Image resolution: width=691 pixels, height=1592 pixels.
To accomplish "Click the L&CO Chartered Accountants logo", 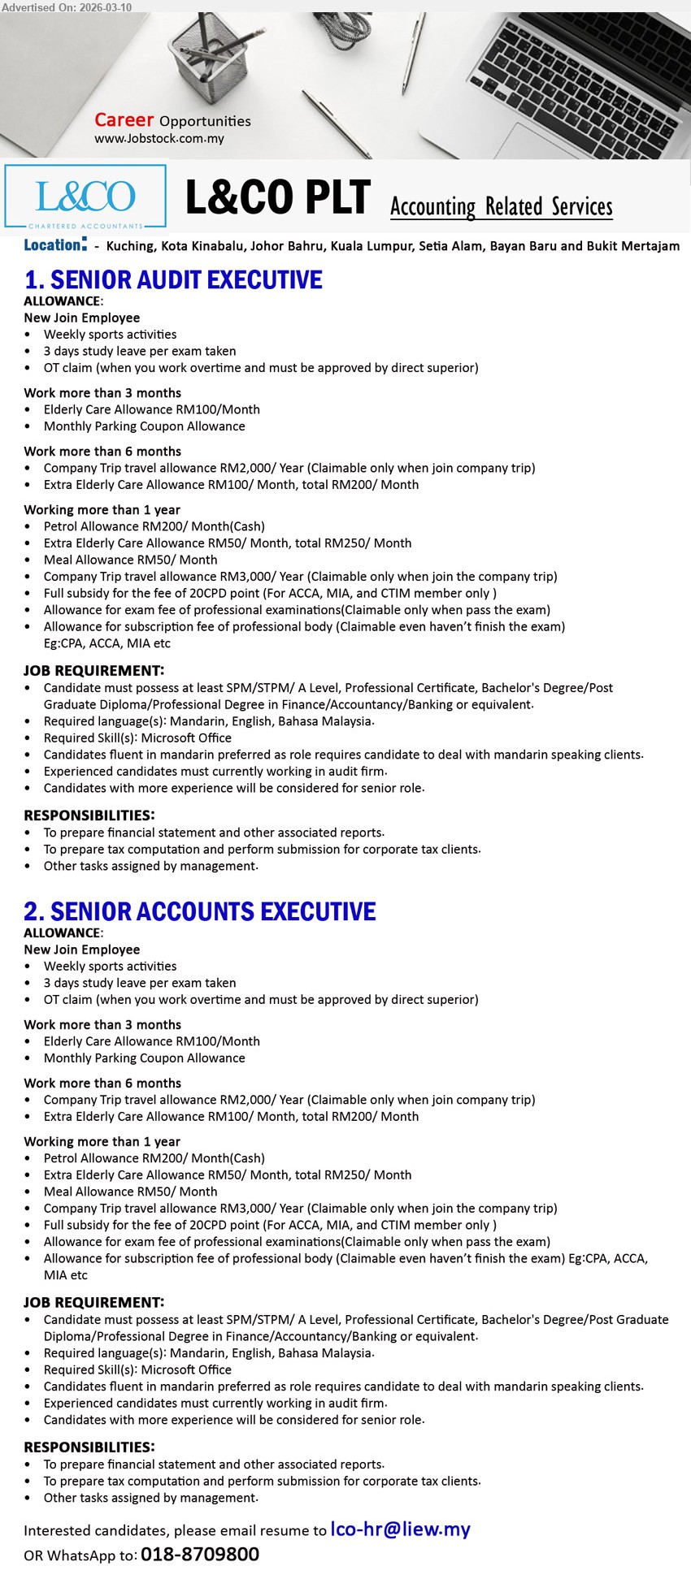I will (85, 197).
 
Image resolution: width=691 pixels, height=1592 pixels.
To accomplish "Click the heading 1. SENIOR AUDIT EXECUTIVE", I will (173, 280).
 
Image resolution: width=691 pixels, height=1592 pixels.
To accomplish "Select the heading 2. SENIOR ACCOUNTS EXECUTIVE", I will (200, 912).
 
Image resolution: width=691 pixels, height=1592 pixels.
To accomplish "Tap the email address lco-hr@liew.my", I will (400, 1530).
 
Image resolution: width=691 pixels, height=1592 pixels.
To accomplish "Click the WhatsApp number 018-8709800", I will (200, 1555).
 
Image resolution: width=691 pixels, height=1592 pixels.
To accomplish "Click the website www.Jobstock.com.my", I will (159, 139).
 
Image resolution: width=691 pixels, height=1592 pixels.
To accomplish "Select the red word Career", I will (124, 120).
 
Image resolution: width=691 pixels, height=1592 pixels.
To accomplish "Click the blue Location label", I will (54, 245).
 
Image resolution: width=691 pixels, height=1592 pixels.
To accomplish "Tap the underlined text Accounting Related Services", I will (501, 207).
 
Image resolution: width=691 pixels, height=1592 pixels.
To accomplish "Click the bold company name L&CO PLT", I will (277, 197).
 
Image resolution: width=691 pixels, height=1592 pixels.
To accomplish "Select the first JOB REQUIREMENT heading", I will (94, 671).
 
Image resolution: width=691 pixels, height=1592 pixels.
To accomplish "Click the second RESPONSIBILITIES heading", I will (89, 1447).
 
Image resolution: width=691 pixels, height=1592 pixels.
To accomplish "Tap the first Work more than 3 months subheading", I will (102, 393).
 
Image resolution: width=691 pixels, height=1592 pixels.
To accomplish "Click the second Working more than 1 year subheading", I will (102, 1142).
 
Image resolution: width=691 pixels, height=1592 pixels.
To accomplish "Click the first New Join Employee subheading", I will (82, 318).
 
